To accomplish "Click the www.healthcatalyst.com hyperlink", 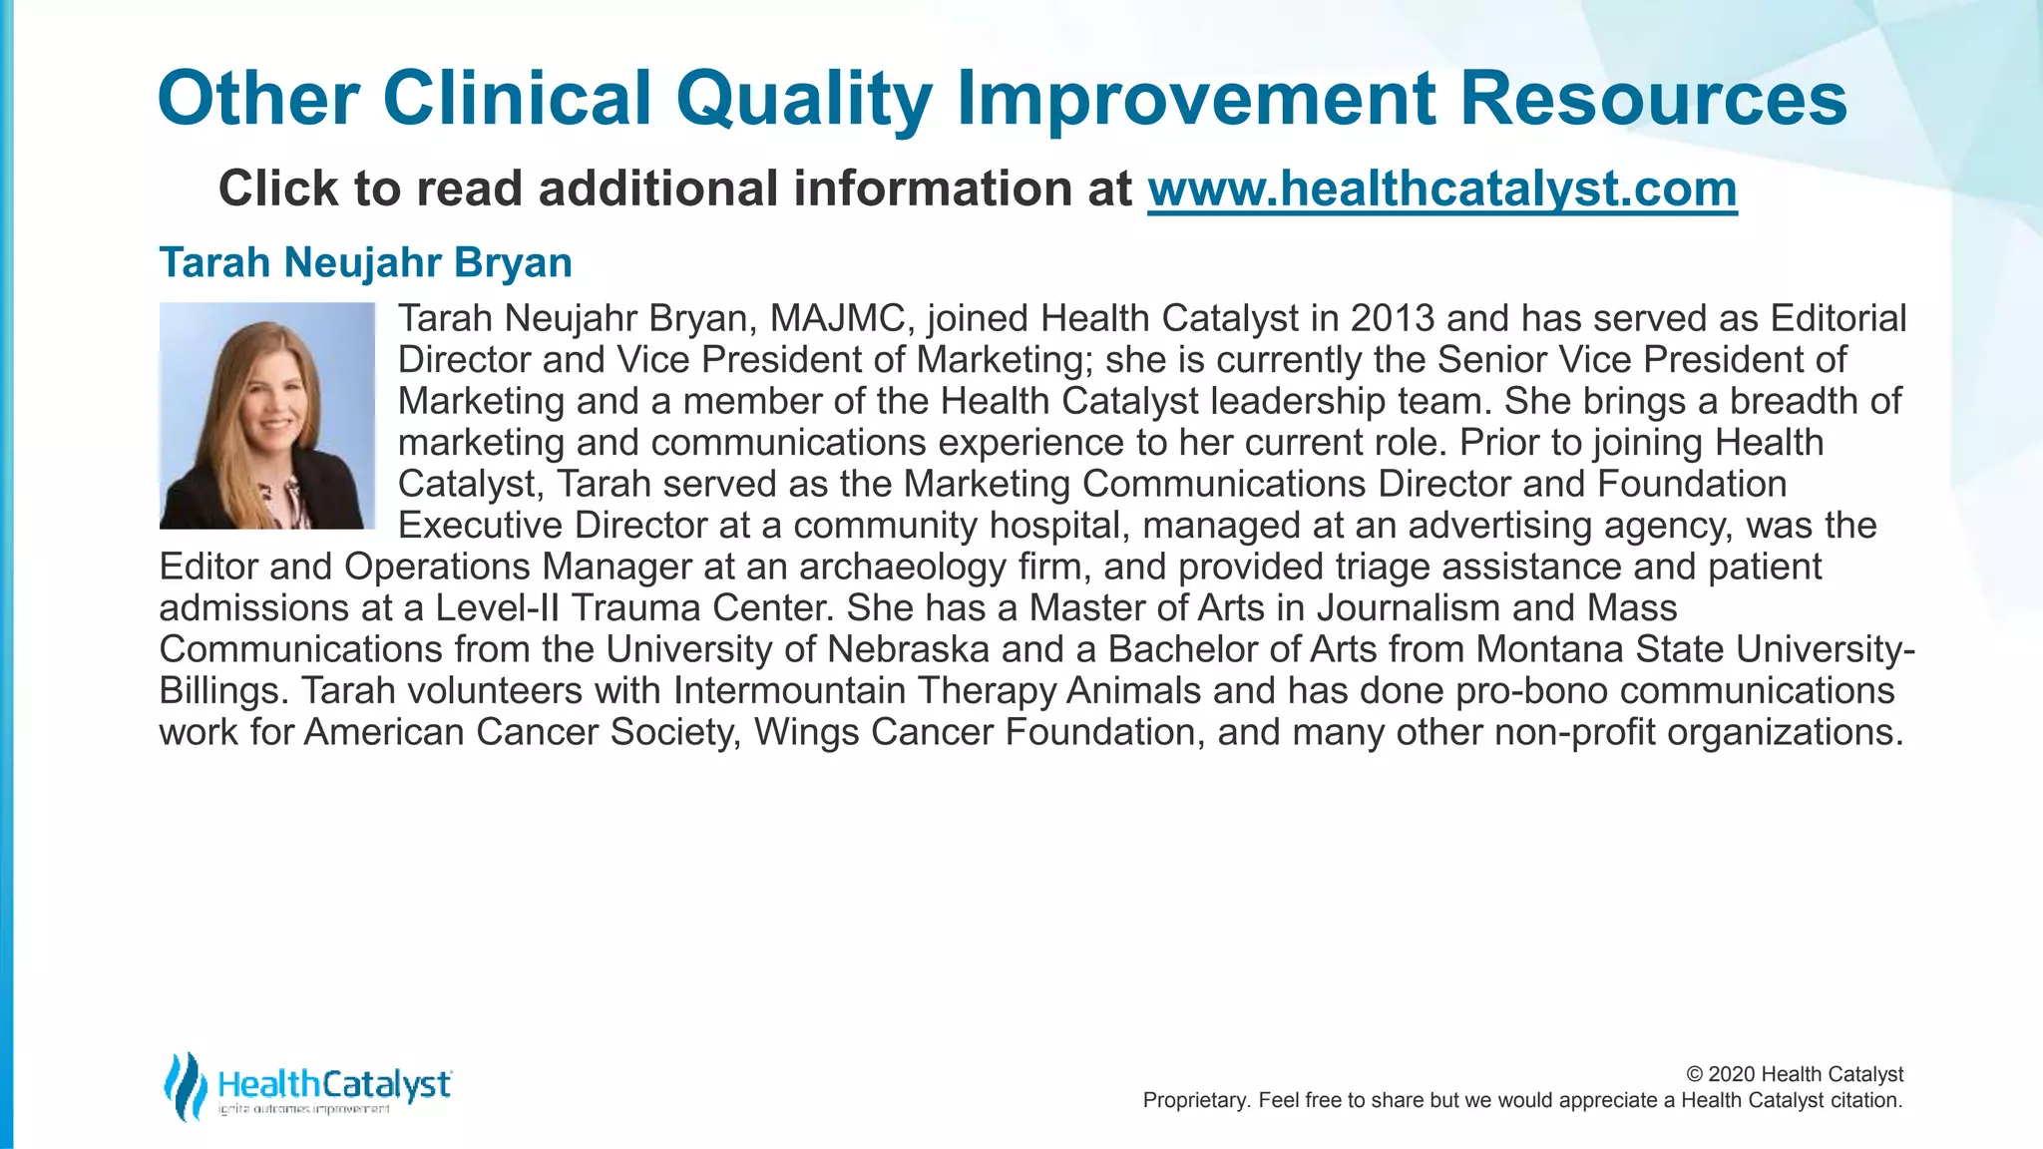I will tap(1441, 189).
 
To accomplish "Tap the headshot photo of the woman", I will tap(267, 416).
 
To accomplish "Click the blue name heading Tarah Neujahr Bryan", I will tap(365, 262).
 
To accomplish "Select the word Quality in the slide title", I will tap(803, 99).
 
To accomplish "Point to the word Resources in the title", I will tap(1653, 99).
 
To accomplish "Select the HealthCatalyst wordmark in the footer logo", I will tap(334, 1083).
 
